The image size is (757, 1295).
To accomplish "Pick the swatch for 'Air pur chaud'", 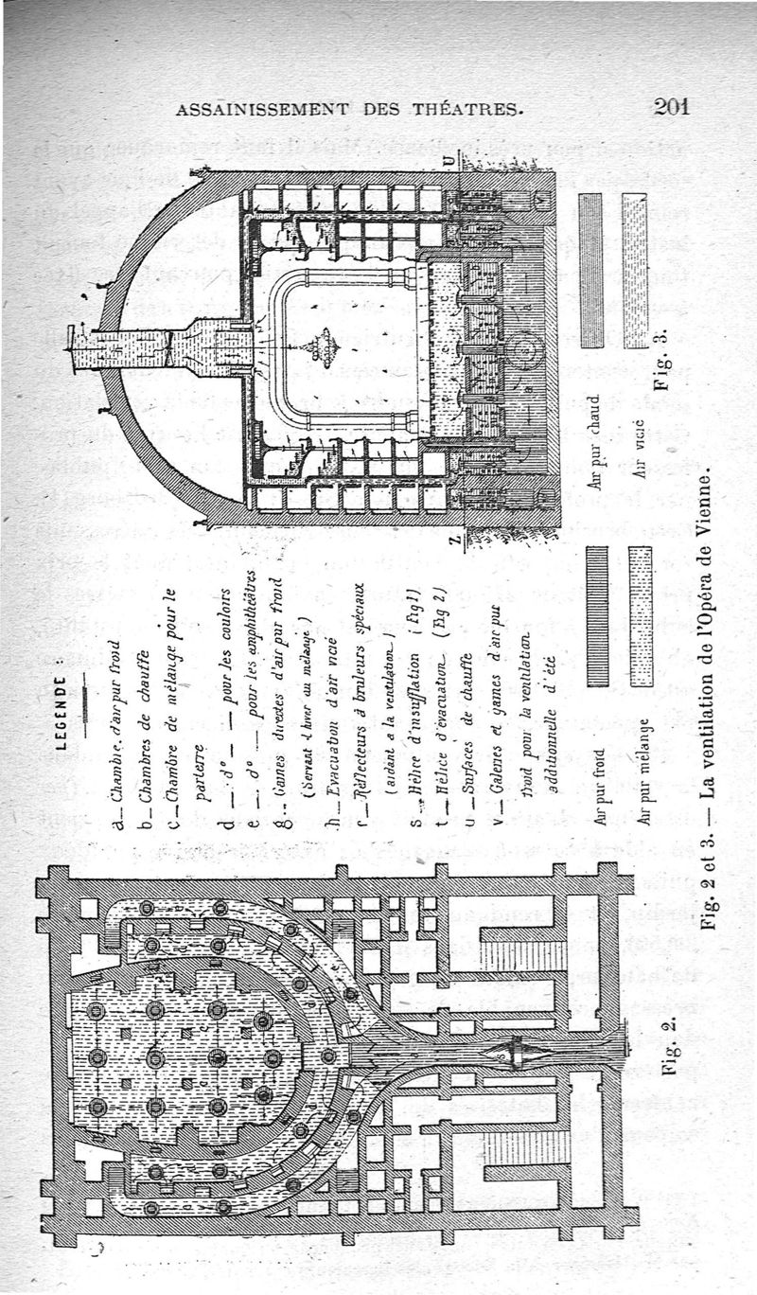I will tap(590, 270).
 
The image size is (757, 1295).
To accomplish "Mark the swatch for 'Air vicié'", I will tap(635, 270).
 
